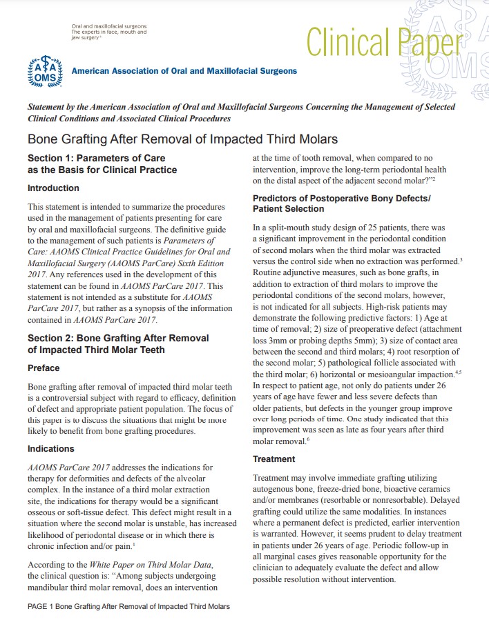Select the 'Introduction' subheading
(53, 188)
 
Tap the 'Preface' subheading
(44, 368)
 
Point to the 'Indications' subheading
(50, 449)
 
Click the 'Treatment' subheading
(274, 459)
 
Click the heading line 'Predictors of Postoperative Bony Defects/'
(341, 198)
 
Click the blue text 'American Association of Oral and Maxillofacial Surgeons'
(184, 71)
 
